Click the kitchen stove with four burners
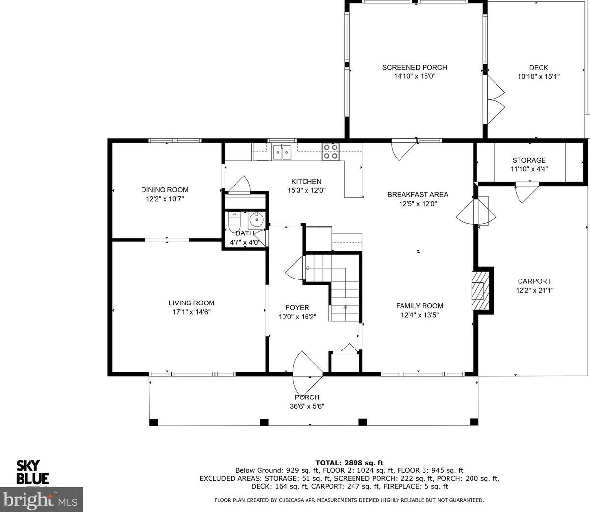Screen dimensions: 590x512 tap(331, 152)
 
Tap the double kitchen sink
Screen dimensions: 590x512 tap(283, 152)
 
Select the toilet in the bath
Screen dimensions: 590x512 tap(234, 222)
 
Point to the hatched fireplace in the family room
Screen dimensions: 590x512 tap(480, 291)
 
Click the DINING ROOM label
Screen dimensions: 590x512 tap(165, 190)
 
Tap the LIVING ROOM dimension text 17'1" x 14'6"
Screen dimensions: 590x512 tap(191, 312)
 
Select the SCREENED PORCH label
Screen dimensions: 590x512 tap(415, 67)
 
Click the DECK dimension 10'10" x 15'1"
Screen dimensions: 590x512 tap(539, 77)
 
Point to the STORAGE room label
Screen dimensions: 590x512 tap(529, 160)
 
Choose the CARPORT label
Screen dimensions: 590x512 tap(534, 281)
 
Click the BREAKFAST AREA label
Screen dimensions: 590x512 tap(418, 195)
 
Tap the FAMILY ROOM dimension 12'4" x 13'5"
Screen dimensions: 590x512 tap(420, 315)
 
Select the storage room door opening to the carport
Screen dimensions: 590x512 tap(526, 192)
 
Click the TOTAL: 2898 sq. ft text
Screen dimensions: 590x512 tap(350, 463)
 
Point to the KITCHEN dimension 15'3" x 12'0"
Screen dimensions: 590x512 tap(307, 190)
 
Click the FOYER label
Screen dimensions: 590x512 tap(297, 307)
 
